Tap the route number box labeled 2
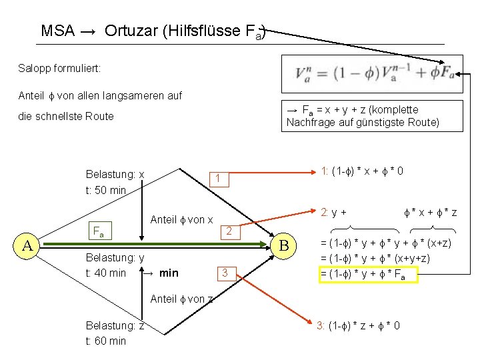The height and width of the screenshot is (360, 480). pyautogui.click(x=228, y=231)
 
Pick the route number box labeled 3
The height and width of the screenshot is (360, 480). pyautogui.click(x=226, y=272)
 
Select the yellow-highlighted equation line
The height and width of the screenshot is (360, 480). pyautogui.click(x=369, y=273)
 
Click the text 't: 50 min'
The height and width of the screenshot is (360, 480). pyautogui.click(x=106, y=190)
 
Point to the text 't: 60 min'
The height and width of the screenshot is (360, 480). pyautogui.click(x=105, y=341)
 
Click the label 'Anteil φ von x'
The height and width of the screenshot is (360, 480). pyautogui.click(x=182, y=220)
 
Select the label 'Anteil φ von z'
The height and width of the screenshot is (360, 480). pyautogui.click(x=182, y=299)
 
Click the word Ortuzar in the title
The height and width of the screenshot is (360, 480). pyautogui.click(x=130, y=31)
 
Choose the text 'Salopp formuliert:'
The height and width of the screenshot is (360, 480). pyautogui.click(x=60, y=68)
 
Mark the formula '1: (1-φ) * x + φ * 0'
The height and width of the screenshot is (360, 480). pyautogui.click(x=362, y=171)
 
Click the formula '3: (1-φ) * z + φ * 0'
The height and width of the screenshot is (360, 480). pyautogui.click(x=359, y=325)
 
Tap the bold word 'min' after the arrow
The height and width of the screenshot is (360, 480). pyautogui.click(x=169, y=273)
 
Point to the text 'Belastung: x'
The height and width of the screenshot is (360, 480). pyautogui.click(x=115, y=175)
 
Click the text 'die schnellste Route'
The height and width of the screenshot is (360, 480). pyautogui.click(x=66, y=116)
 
